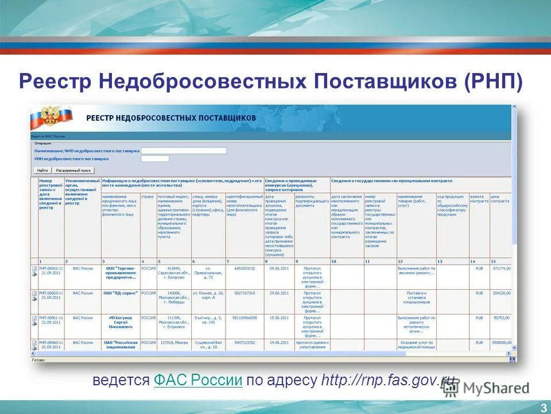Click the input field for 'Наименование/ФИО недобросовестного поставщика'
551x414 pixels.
(x=184, y=151)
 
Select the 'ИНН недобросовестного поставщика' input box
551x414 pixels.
(x=155, y=158)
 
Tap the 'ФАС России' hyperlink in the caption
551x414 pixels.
(x=198, y=380)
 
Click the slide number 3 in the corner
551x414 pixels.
(x=543, y=408)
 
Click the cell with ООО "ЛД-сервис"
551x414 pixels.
(x=121, y=293)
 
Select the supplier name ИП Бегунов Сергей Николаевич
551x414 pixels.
(x=121, y=321)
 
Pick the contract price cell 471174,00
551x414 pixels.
(x=500, y=268)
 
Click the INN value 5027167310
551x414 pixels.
(x=245, y=293)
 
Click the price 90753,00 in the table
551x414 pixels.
(x=501, y=317)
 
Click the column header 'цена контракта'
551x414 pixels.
(x=499, y=199)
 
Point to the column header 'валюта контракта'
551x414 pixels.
(x=479, y=199)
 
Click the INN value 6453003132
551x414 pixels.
(x=245, y=268)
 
